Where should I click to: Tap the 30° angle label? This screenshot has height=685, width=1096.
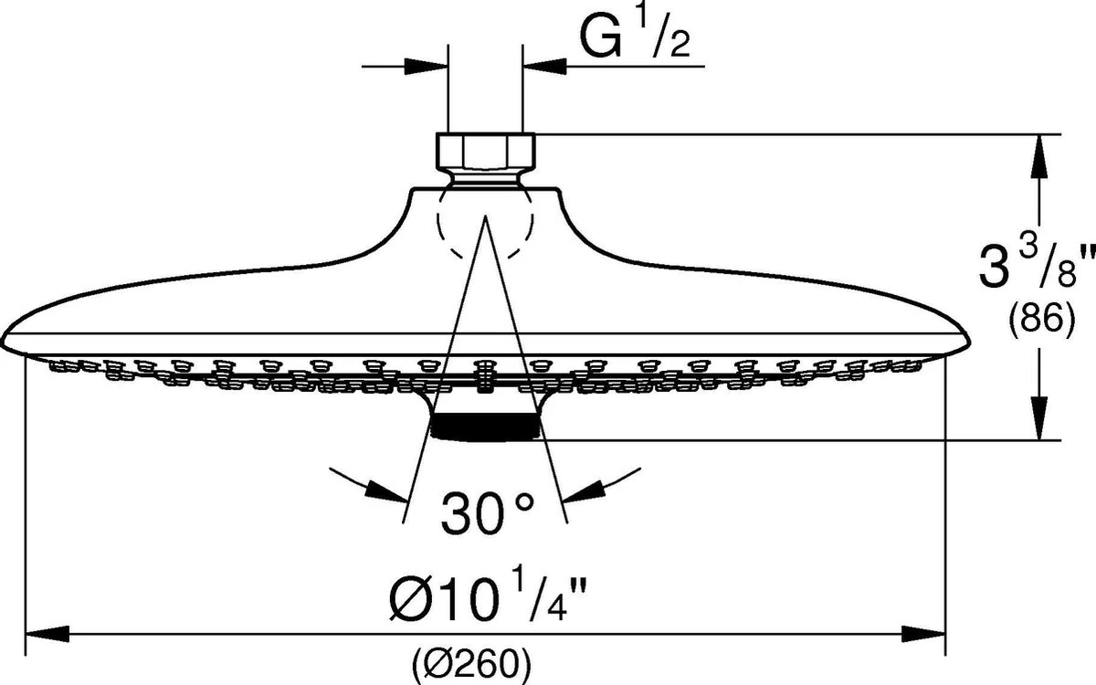(x=484, y=513)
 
